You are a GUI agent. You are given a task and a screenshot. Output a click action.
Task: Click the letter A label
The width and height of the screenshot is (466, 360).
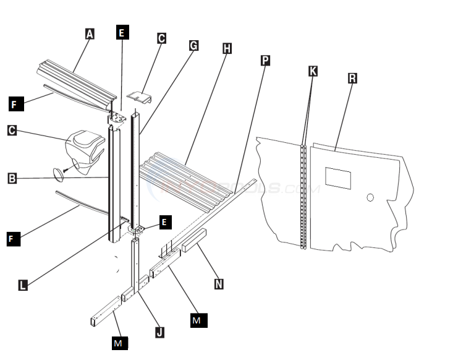(x=90, y=34)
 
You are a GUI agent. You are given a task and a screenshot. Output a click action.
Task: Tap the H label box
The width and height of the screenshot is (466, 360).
(x=227, y=48)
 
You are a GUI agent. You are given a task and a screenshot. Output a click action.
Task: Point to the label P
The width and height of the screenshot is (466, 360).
(x=265, y=60)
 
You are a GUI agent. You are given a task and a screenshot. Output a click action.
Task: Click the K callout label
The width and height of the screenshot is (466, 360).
(x=313, y=71)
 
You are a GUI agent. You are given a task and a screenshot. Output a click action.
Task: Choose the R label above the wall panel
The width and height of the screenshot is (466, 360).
(x=352, y=78)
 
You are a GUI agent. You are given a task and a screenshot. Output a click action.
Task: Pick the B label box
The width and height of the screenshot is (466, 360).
(x=12, y=179)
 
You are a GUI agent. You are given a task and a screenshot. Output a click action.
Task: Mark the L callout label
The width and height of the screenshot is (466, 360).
(x=23, y=285)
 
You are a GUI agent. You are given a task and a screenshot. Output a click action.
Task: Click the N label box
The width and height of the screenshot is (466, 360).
(x=219, y=284)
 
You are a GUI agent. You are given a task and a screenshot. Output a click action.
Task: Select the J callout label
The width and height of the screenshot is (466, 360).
(x=159, y=332)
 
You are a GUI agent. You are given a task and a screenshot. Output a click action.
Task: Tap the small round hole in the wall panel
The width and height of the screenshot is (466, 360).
(x=370, y=198)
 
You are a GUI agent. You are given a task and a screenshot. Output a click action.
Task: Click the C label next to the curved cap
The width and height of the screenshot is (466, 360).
(x=12, y=131)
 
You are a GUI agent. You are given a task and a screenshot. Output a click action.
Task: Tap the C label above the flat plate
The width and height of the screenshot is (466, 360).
(x=161, y=38)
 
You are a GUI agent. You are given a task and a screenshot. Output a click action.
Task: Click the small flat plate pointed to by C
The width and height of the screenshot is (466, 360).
(x=140, y=96)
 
